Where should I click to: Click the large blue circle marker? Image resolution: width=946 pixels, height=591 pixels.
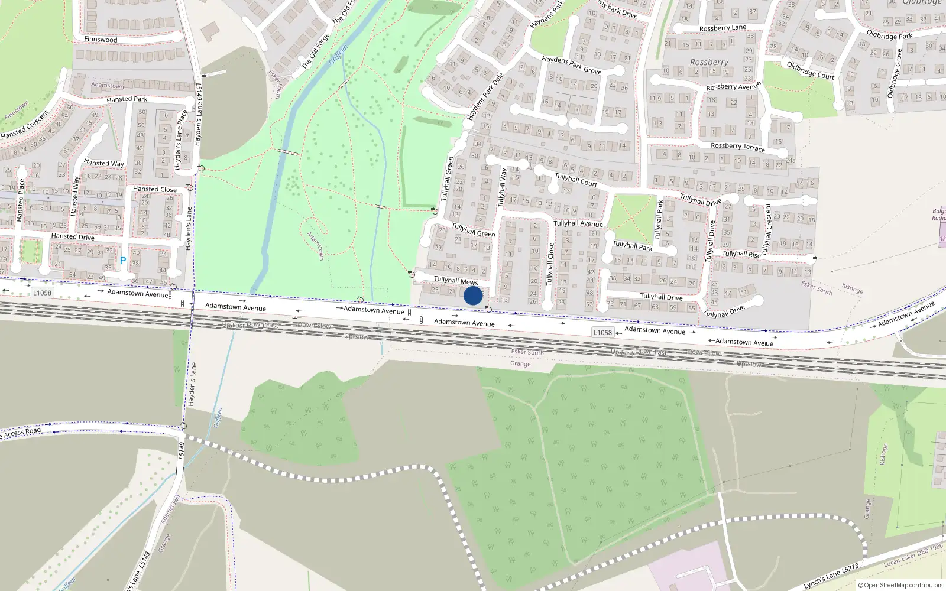click(473, 295)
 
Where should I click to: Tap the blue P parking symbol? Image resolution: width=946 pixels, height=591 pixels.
click(123, 261)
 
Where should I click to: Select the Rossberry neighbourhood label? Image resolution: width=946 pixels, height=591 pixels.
click(709, 62)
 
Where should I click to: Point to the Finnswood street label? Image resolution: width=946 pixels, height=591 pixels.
click(101, 40)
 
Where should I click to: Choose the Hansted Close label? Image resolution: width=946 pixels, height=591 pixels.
click(154, 189)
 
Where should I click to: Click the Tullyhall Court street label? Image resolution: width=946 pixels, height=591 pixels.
click(575, 180)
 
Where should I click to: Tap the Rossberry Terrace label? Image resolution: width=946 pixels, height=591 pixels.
click(737, 147)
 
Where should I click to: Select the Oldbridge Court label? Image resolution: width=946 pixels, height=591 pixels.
click(810, 70)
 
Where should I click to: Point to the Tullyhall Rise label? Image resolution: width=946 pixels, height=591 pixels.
click(741, 254)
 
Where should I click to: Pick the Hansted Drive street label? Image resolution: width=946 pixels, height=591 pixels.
click(73, 236)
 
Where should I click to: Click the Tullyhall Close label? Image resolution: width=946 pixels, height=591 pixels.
click(550, 264)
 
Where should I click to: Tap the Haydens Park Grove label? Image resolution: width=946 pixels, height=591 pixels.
click(571, 65)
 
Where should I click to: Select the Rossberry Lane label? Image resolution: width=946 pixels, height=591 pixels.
click(723, 28)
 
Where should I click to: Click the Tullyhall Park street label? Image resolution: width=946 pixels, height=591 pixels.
click(632, 245)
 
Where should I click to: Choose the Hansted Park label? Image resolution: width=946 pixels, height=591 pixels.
click(127, 99)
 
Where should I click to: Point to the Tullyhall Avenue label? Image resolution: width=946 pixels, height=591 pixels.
click(578, 223)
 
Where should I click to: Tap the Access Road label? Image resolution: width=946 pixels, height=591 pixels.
click(22, 432)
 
